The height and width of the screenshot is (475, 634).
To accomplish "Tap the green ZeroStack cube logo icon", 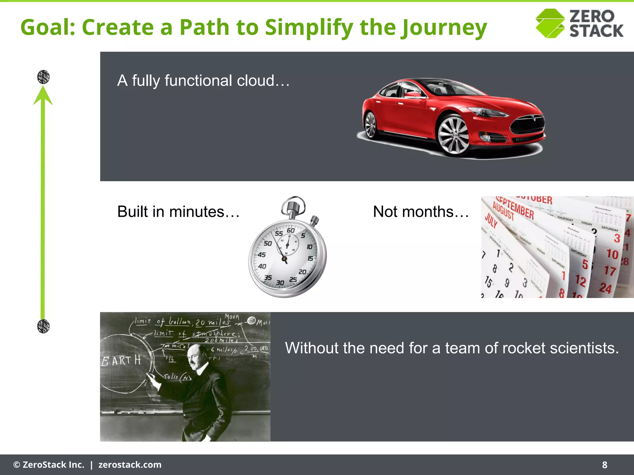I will pos(550,24).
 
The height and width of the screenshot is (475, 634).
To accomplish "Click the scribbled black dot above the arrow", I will pos(43,77).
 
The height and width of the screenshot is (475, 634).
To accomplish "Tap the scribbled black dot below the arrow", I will pos(43,326).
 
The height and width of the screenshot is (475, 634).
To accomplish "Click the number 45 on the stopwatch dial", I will pos(262,255).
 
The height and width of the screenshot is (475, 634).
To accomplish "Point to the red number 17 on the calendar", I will pos(610,271).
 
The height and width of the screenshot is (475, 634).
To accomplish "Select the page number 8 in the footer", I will pos(604,465).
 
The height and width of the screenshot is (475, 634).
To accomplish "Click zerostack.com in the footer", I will pos(130,465).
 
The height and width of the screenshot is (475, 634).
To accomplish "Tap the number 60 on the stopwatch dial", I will pos(290,230).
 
